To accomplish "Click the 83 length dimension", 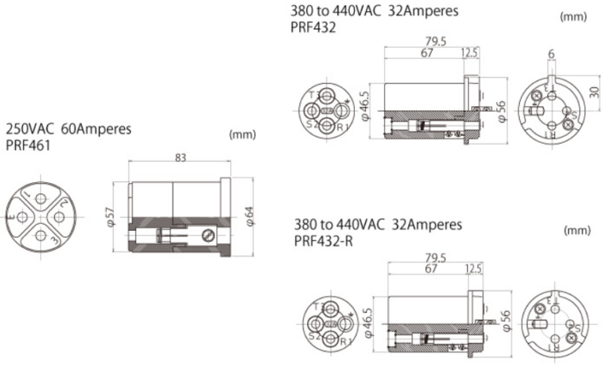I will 180,158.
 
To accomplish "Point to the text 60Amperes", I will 94,128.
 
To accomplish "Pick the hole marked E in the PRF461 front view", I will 21,214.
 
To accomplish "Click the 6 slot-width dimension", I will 552,53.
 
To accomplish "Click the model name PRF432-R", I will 323,241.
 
